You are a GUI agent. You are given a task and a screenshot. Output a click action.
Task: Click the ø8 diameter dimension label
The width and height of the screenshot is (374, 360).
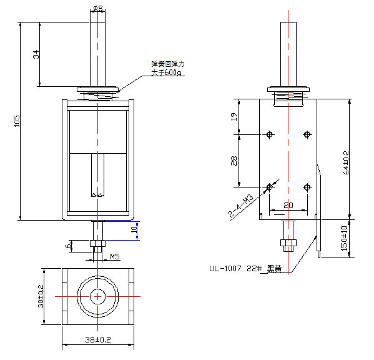[98, 8]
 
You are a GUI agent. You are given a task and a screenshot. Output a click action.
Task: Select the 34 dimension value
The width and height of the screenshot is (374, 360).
[36, 54]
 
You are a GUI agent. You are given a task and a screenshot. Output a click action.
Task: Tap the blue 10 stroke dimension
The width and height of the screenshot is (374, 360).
[134, 230]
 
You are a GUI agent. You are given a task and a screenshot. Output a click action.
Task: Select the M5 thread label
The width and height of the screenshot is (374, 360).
[116, 256]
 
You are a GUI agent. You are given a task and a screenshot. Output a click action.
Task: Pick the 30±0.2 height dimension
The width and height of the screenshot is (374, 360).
[39, 296]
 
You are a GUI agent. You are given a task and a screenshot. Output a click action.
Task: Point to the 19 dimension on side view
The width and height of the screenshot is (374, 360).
[234, 116]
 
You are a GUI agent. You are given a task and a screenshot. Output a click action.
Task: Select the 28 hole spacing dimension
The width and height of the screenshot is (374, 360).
[234, 160]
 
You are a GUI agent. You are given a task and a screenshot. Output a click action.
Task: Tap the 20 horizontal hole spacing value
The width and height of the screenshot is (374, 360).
[288, 205]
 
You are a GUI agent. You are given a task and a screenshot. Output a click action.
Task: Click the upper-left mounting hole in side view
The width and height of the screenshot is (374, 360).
[270, 134]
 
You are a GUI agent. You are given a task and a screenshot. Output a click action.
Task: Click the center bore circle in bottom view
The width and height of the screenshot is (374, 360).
[98, 296]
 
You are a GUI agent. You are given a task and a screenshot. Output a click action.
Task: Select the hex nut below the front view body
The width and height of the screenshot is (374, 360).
[97, 242]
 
